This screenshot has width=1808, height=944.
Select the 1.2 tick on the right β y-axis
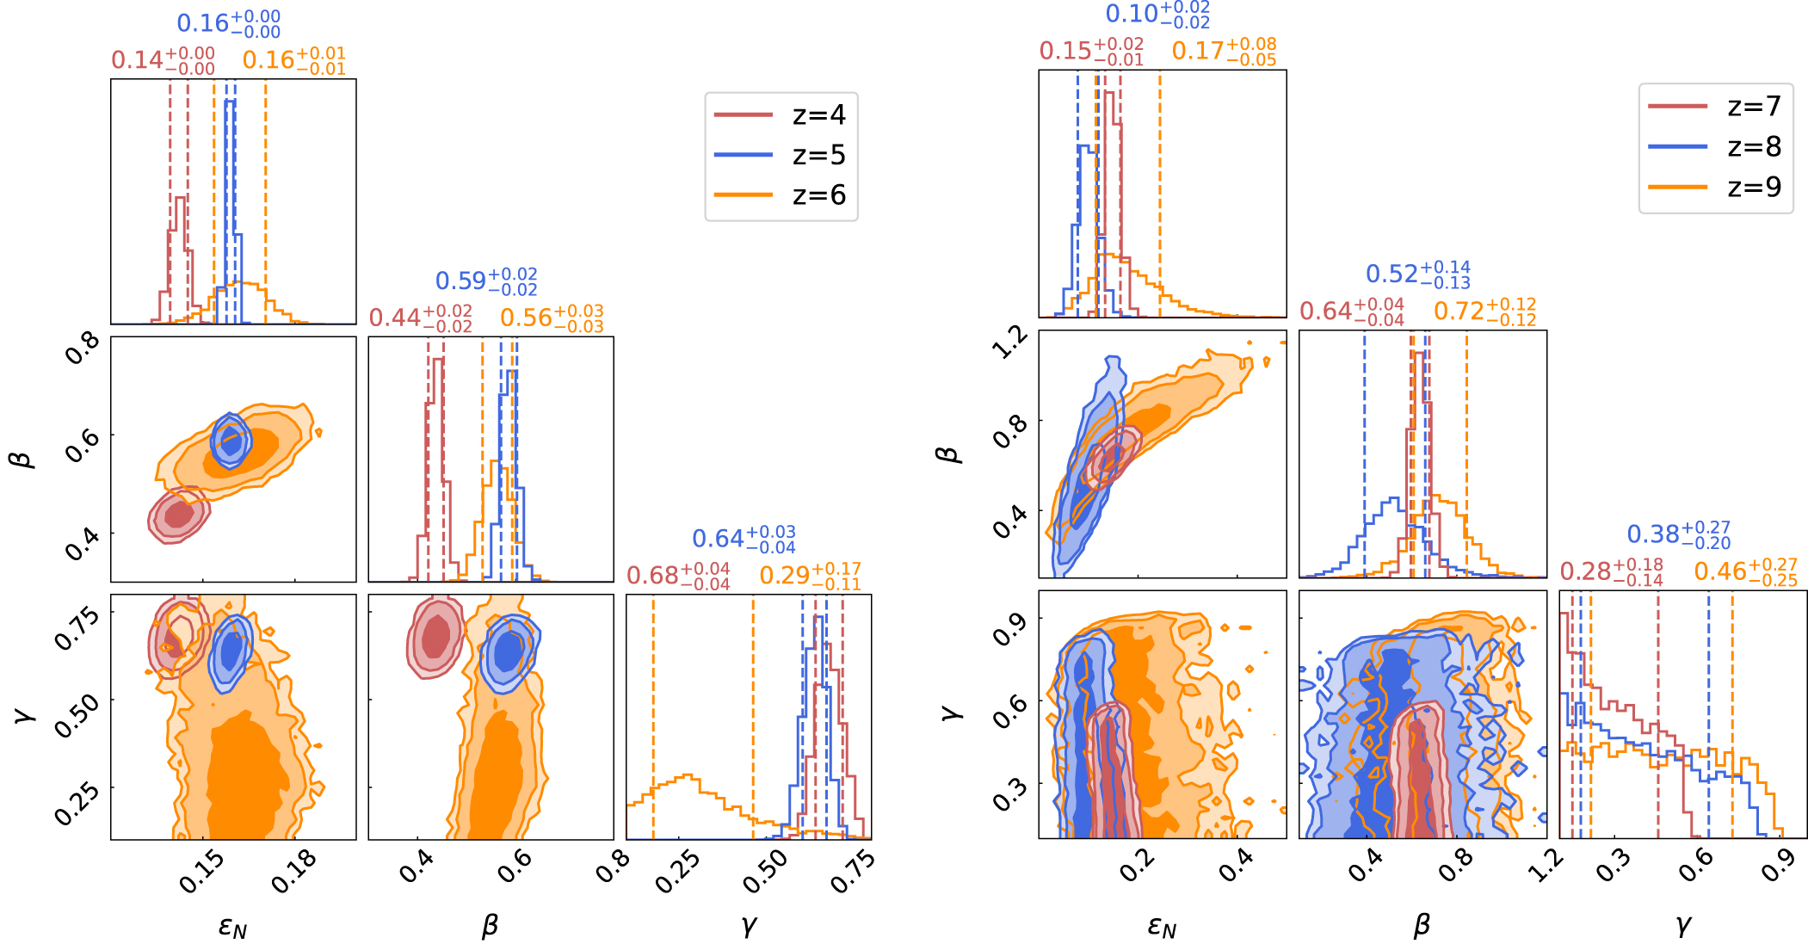(1009, 342)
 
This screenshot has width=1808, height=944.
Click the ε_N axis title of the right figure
(1162, 927)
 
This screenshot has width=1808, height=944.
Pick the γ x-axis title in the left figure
(749, 925)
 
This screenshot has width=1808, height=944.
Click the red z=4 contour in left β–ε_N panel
(179, 515)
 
